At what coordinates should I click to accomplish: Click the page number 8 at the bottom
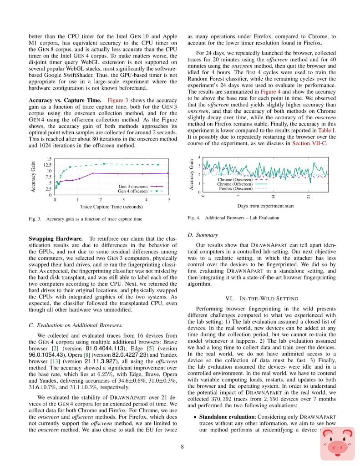coord(182,447)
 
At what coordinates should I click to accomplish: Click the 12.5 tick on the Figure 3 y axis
coord(47,165)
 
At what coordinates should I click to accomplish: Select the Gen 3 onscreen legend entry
coord(133,186)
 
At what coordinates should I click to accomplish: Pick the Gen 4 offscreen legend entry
coord(132,192)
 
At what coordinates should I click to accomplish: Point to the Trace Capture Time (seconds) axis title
coord(112,207)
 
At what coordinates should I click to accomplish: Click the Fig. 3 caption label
coord(35,219)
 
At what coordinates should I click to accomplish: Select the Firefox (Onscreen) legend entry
coord(235,188)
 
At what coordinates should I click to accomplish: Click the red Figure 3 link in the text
coord(117,100)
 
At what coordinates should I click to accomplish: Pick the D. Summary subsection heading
coord(202,235)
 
